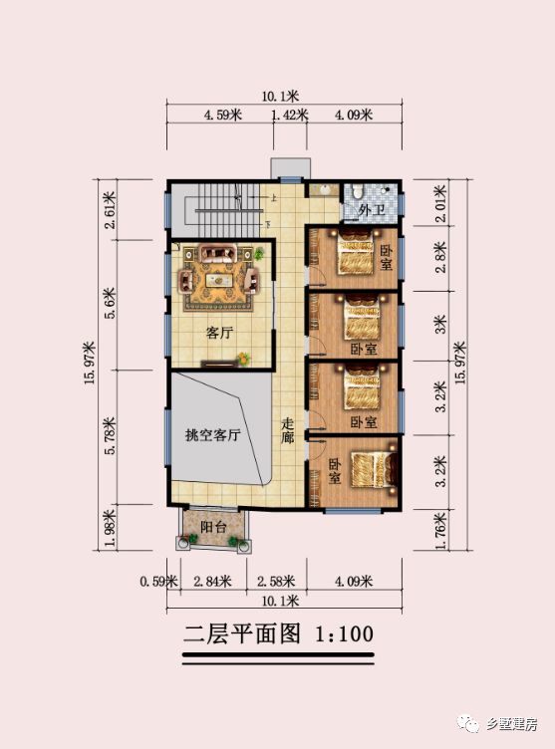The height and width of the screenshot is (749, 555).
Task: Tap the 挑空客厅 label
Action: (x=214, y=435)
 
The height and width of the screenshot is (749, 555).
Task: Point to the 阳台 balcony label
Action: (x=211, y=527)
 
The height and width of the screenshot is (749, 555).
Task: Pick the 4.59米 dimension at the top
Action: (x=223, y=116)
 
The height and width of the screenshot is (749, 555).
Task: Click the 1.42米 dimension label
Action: (x=290, y=116)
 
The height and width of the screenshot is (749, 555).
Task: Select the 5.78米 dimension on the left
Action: (x=112, y=435)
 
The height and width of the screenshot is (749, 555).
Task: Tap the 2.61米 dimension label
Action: (x=112, y=208)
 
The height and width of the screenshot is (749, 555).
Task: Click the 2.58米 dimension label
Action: (x=275, y=581)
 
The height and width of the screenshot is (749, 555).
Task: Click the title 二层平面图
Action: (x=242, y=634)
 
